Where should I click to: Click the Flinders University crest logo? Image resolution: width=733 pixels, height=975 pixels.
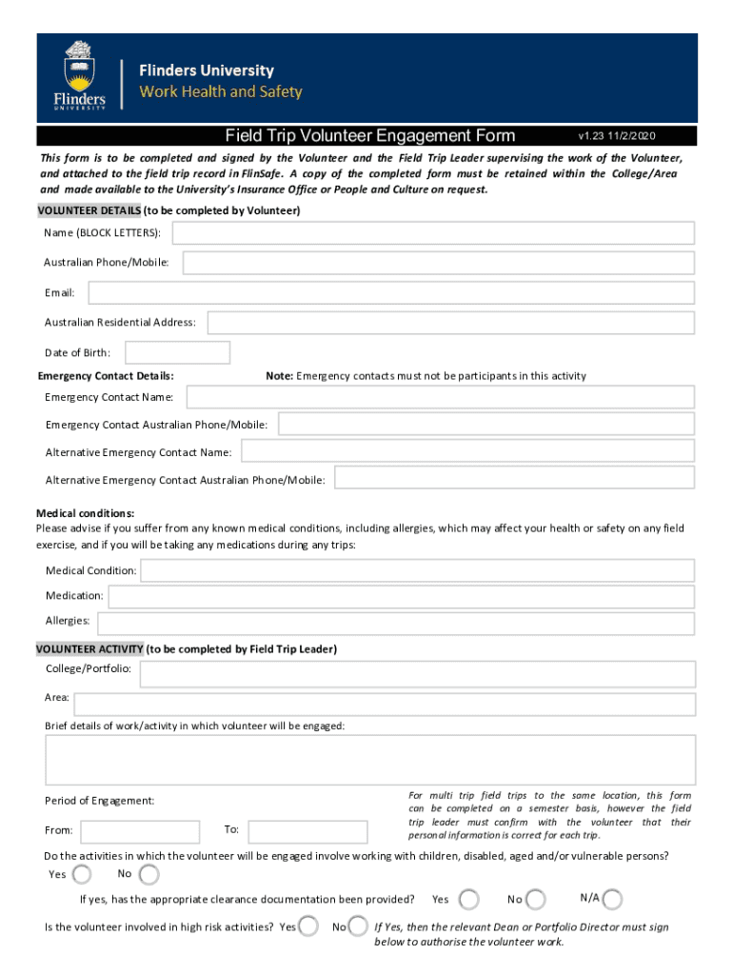tap(79, 74)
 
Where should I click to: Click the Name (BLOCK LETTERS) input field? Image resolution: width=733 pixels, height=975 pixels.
tap(433, 233)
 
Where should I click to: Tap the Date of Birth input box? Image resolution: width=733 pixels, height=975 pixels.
tap(177, 353)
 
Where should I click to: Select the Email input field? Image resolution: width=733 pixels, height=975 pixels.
tap(390, 293)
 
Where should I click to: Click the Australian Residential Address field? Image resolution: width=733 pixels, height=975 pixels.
tap(450, 323)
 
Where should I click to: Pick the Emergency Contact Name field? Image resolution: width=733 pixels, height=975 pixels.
tap(440, 396)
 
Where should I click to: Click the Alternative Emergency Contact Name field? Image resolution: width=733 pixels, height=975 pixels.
tap(467, 452)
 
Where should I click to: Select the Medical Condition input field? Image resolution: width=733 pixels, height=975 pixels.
tap(418, 570)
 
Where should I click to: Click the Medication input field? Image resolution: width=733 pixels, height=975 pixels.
tap(401, 596)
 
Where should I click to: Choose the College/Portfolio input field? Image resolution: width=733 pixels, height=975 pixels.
tap(417, 675)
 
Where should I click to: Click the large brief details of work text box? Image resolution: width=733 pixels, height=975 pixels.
tap(370, 760)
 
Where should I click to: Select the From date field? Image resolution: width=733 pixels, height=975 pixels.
tap(140, 831)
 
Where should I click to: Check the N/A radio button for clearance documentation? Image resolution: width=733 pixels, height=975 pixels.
tap(612, 899)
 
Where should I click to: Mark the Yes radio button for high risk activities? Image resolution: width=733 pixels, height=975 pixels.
tap(307, 926)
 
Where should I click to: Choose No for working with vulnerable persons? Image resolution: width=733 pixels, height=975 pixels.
tap(149, 874)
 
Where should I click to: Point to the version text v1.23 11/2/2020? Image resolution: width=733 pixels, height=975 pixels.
tap(617, 136)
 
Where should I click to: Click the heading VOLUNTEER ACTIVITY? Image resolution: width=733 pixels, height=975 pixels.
tap(89, 649)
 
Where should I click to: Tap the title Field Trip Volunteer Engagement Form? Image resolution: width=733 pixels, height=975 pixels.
tap(370, 135)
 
